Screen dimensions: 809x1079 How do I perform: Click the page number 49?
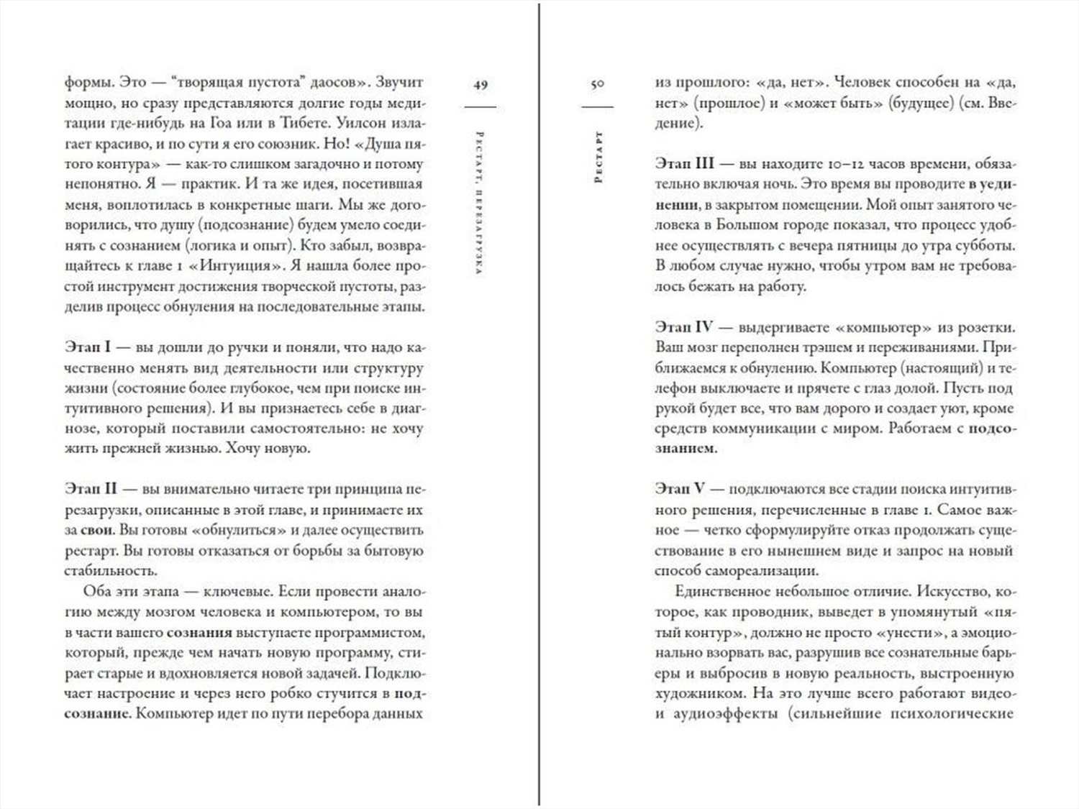click(481, 84)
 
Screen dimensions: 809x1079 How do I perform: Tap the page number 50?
click(597, 84)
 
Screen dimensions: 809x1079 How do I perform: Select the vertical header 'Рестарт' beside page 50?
click(598, 157)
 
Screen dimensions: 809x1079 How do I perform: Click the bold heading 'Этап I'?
click(88, 347)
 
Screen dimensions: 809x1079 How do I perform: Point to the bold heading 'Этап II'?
click(91, 489)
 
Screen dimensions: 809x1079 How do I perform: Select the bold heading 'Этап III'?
click(683, 164)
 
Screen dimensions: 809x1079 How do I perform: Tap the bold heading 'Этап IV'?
click(683, 327)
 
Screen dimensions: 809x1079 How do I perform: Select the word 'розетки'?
click(988, 327)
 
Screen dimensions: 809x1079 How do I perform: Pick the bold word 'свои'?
click(97, 531)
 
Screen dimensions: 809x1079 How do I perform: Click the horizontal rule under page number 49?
click(481, 106)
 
